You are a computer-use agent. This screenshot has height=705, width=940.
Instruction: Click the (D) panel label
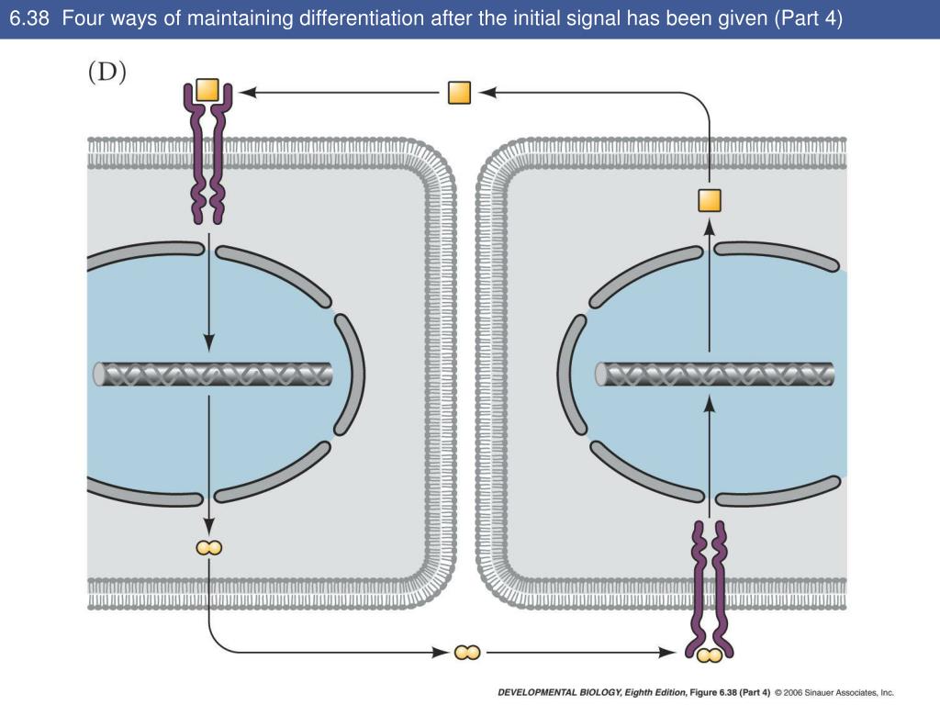click(x=107, y=74)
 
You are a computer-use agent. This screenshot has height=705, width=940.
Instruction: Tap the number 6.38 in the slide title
click(x=29, y=18)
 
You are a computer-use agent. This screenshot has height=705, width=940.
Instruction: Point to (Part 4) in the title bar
click(x=807, y=18)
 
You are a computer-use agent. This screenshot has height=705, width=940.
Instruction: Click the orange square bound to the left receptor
click(x=207, y=91)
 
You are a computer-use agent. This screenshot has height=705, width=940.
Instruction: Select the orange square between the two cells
click(x=459, y=93)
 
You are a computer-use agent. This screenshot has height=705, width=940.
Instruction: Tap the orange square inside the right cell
click(x=710, y=200)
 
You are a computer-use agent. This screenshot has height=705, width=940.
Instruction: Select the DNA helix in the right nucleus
click(x=715, y=375)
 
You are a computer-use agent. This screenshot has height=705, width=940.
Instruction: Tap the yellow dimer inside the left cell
click(x=208, y=548)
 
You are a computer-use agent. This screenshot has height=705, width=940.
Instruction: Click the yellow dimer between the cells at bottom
click(x=466, y=653)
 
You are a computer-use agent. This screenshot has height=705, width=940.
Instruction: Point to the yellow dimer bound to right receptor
click(x=708, y=655)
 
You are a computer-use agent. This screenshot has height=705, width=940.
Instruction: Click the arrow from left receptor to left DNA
click(x=209, y=294)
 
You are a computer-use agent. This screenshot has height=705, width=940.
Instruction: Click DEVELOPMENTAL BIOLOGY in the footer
click(x=556, y=693)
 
